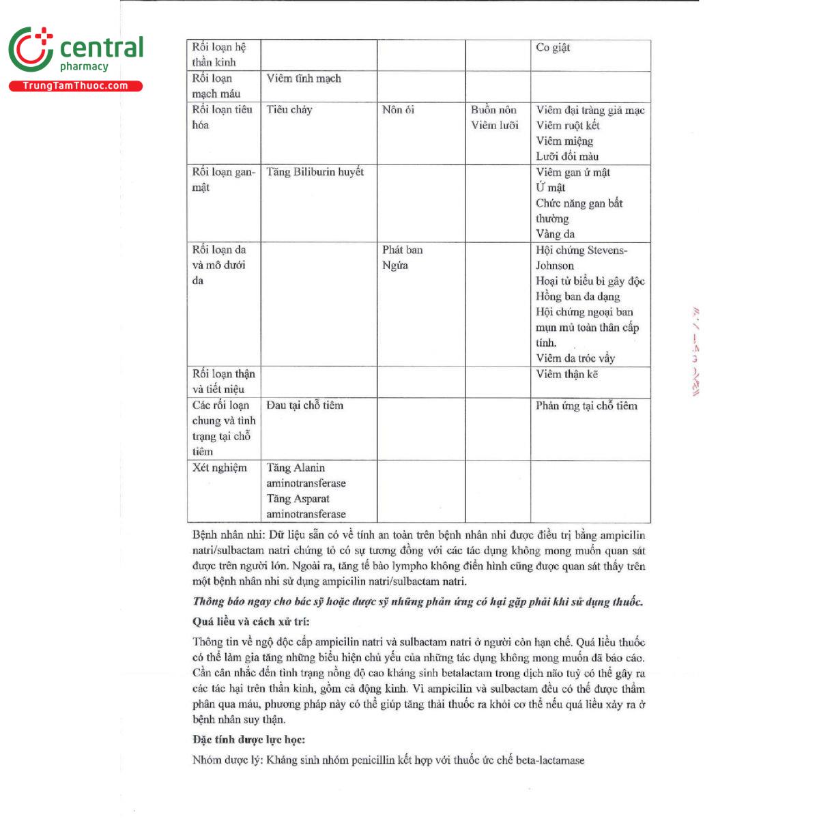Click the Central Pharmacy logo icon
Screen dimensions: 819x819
pyautogui.click(x=31, y=50)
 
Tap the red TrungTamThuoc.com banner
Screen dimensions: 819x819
pyautogui.click(x=76, y=86)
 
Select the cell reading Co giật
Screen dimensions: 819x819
pyautogui.click(x=553, y=48)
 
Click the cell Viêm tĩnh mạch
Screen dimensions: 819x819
pyautogui.click(x=304, y=79)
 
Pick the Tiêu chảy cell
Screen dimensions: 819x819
pyautogui.click(x=289, y=110)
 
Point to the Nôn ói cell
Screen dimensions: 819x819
pyautogui.click(x=398, y=110)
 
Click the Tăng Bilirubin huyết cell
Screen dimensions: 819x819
pyautogui.click(x=315, y=172)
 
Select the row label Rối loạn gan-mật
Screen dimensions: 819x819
pyautogui.click(x=223, y=179)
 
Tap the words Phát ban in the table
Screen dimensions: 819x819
pyautogui.click(x=402, y=250)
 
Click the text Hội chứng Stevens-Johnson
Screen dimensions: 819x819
pyautogui.click(x=581, y=257)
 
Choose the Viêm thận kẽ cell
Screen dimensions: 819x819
pyautogui.click(x=566, y=374)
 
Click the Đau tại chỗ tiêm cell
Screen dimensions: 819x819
pyautogui.click(x=304, y=405)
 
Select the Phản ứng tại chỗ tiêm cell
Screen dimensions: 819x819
pyautogui.click(x=586, y=405)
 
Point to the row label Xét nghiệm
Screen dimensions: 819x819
pyautogui.click(x=219, y=468)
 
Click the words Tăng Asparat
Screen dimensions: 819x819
pyautogui.click(x=298, y=499)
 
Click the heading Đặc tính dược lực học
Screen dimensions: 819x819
pyautogui.click(x=248, y=740)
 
